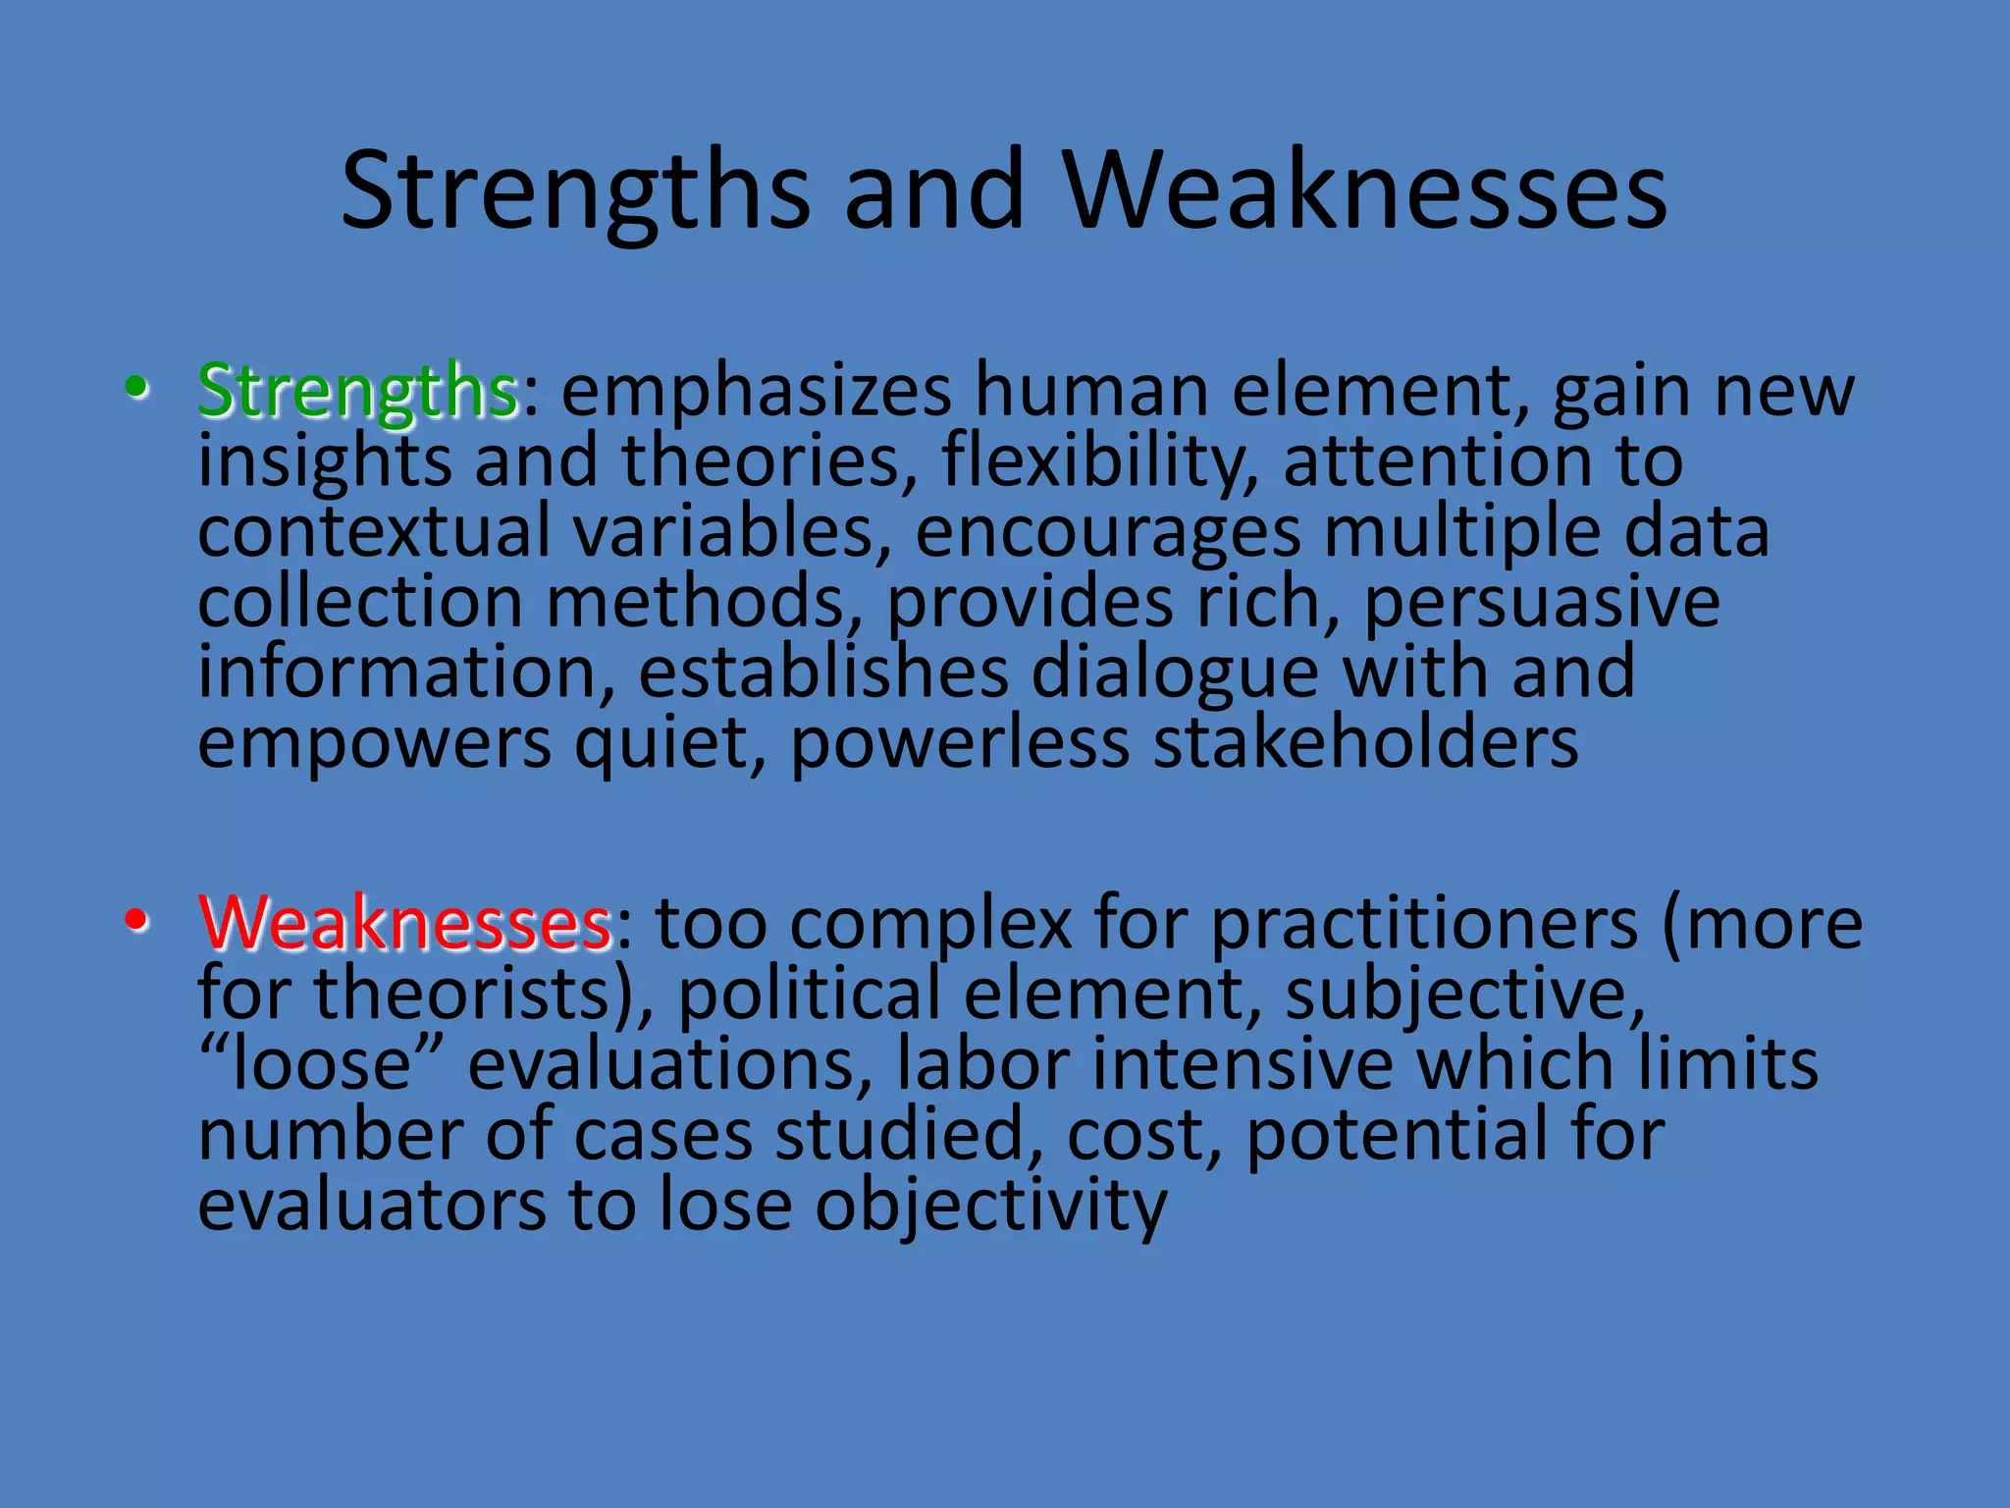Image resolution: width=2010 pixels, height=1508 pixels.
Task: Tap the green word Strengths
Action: tap(357, 391)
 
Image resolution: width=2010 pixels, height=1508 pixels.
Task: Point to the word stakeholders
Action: tap(1365, 742)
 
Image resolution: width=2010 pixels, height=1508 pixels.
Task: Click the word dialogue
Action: tap(1175, 673)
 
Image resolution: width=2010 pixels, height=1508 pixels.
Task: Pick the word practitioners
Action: tap(1424, 925)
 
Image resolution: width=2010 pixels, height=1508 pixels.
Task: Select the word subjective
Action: tap(1463, 994)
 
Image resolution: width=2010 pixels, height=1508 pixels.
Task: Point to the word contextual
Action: tap(374, 531)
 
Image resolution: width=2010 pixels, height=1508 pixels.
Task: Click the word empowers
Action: tap(374, 742)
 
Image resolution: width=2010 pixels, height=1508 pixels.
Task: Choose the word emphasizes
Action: tap(756, 391)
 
